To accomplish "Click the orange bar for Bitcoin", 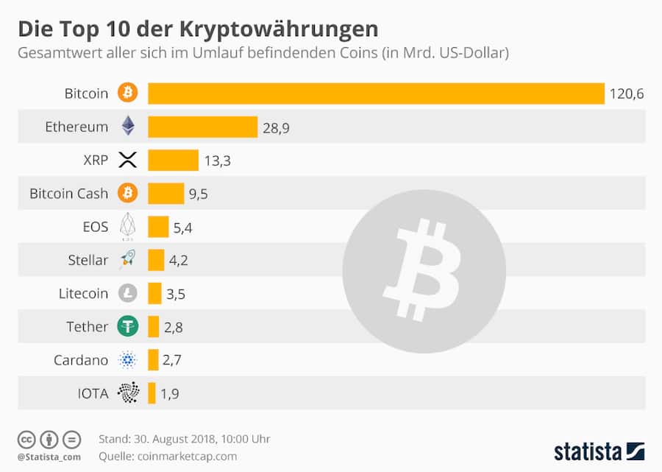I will pyautogui.click(x=376, y=94).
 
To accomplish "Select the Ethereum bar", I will pyautogui.click(x=202, y=127).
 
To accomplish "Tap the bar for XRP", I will pyautogui.click(x=173, y=160).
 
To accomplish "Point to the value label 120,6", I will pyautogui.click(x=627, y=94).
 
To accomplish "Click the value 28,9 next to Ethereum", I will pyautogui.click(x=276, y=127).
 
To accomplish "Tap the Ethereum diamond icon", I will pyautogui.click(x=128, y=126).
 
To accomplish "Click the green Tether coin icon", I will pyautogui.click(x=128, y=326).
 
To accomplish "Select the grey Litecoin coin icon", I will pyautogui.click(x=128, y=293).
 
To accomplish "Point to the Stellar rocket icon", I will pyautogui.click(x=128, y=259).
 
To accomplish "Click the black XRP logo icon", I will pyautogui.click(x=128, y=160).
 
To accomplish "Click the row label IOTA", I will pyautogui.click(x=93, y=393).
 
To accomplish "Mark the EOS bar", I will pyautogui.click(x=158, y=227).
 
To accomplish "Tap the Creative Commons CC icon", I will pyautogui.click(x=26, y=439).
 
